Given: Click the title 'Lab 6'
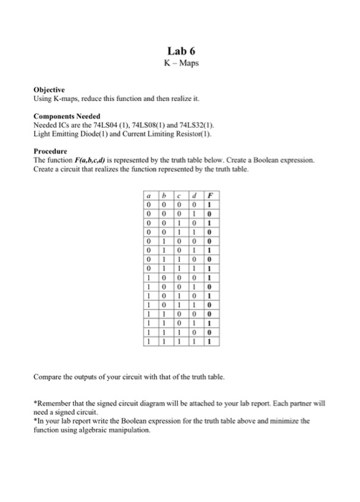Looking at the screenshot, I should tap(180, 51).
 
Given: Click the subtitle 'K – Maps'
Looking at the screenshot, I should tap(180, 64).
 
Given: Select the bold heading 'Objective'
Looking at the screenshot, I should tap(49, 90).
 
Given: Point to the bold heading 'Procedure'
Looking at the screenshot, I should tap(51, 151).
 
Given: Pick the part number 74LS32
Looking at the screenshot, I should tap(191, 124).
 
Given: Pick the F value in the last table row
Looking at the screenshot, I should tap(209, 342).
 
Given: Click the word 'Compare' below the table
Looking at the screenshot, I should tap(49, 375).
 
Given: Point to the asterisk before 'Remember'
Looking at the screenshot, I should tap(36, 403).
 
